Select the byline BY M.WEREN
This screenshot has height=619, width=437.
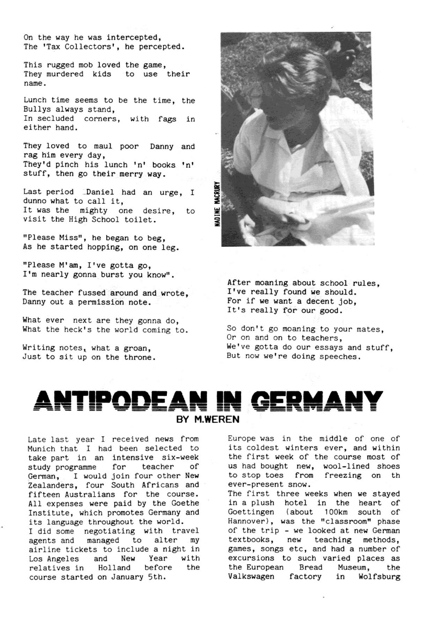click(x=208, y=419)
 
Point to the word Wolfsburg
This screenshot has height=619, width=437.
click(x=379, y=576)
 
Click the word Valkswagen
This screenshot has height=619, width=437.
click(x=251, y=576)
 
